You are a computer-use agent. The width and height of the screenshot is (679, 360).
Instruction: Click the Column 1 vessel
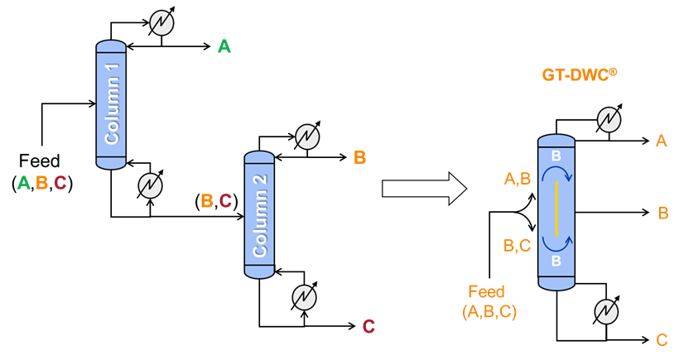[x=111, y=104]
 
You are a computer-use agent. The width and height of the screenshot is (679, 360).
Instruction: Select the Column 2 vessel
[x=259, y=214]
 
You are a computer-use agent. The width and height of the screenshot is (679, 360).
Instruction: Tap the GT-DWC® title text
[x=580, y=74]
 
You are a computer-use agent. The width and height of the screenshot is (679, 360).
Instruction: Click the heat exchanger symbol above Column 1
[x=161, y=23]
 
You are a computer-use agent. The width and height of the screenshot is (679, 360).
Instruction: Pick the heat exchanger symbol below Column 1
[x=150, y=185]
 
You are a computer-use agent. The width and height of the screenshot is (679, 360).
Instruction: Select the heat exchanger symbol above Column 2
[x=307, y=136]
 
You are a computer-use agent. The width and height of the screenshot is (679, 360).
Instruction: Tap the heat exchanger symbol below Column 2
[x=305, y=296]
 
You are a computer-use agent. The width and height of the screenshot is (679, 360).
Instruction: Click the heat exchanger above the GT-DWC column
[x=609, y=120]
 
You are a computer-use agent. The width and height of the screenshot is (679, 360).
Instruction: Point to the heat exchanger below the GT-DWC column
[x=606, y=311]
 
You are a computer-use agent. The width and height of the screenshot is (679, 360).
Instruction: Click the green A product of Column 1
[x=224, y=47]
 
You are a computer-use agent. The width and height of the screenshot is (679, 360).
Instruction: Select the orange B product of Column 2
[x=359, y=157]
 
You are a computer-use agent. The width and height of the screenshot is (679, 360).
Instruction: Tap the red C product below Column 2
[x=368, y=327]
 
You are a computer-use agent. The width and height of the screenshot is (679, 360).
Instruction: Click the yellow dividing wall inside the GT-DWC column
[x=556, y=209]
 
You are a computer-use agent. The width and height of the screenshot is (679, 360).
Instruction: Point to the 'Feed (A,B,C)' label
[x=489, y=302]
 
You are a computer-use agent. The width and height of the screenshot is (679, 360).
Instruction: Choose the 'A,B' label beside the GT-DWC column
[x=518, y=178]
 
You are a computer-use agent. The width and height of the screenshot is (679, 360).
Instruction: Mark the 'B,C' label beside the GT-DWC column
[x=518, y=246]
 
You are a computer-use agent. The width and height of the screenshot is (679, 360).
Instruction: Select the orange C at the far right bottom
[x=662, y=340]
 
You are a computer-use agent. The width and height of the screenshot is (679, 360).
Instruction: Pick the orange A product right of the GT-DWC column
[x=661, y=142]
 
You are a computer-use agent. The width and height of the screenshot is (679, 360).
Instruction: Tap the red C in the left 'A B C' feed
[x=60, y=183]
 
